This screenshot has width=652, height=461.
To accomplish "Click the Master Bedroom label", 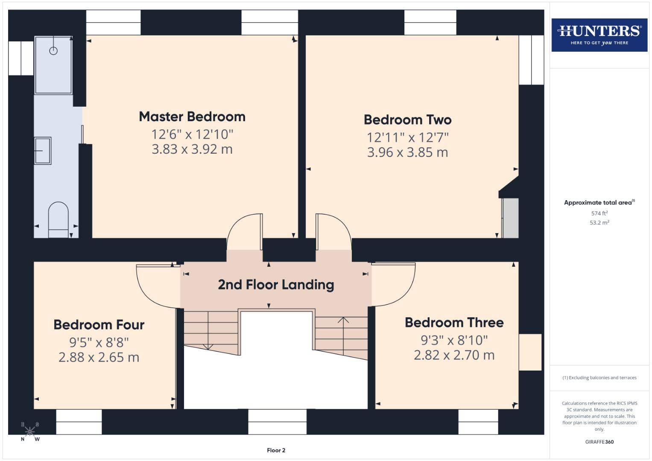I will point(192,117).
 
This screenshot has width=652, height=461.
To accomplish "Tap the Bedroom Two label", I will point(407,120).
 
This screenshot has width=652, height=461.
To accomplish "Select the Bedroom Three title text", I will point(454,322).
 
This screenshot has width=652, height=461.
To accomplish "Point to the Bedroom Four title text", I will point(99,324).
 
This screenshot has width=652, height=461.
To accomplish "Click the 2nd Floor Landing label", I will point(276,284).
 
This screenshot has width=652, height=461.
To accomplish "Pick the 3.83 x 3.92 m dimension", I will point(192,149).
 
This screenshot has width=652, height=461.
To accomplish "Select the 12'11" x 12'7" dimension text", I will point(407,137).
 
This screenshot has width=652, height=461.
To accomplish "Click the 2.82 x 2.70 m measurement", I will point(454,355).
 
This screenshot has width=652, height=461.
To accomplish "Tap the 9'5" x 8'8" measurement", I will point(99,342).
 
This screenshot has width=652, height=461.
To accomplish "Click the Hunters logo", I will point(599,35).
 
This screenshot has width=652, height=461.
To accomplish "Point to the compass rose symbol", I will point(30,432).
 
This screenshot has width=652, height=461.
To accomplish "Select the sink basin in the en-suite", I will point(43,150).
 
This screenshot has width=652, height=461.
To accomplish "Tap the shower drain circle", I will point(53,51).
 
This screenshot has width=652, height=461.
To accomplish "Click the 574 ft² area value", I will point(599,213).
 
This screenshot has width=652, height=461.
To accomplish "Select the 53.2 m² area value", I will point(599,222).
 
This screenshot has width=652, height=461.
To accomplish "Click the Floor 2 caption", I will point(276,450).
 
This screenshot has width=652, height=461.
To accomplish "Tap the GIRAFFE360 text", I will point(599,442).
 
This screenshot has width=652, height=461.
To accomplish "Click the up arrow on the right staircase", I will point(343,320).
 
